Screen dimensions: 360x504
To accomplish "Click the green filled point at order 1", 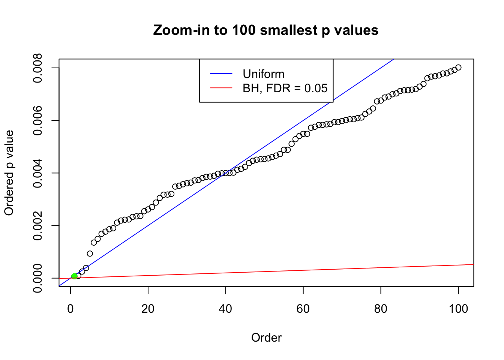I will coord(74,276).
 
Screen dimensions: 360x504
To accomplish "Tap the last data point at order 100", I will coord(458,67).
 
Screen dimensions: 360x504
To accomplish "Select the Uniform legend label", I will coord(263,74).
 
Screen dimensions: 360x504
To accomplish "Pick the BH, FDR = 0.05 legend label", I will coord(285,88).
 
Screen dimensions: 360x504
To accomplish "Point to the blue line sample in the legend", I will coord(221,74).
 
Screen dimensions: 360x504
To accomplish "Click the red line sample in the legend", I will coord(221,88).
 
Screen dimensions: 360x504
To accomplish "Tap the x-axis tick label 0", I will coord(70,309).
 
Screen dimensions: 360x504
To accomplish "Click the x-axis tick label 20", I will coord(148,309).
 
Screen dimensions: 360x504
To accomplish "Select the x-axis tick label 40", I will coord(226,309).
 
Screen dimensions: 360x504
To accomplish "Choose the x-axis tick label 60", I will coord(303,309).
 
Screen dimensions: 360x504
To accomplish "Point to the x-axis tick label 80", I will coord(381,309).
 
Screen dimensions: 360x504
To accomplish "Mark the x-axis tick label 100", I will coord(458,309).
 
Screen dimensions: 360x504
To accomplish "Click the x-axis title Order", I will coord(266,337).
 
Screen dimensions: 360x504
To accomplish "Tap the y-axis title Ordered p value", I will coord(9,173).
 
